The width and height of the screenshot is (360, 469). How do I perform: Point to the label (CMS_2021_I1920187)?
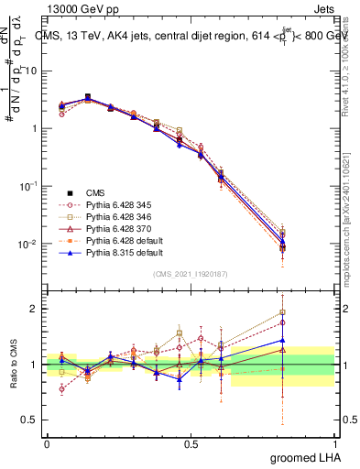pos(191,274)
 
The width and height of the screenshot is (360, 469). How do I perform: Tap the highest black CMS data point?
pos(87,97)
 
